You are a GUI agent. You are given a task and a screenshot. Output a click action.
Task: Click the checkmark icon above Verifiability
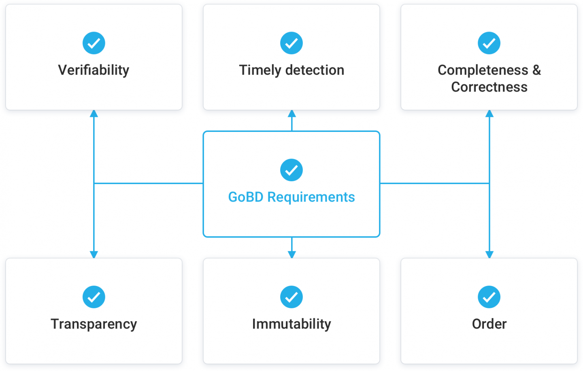(94, 43)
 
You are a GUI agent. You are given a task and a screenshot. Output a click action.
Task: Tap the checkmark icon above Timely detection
(291, 43)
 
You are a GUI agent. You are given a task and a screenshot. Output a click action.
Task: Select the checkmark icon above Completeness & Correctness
(489, 43)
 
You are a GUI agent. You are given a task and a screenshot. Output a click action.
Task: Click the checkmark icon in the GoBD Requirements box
(291, 170)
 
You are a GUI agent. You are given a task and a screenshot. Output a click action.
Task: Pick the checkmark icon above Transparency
(94, 297)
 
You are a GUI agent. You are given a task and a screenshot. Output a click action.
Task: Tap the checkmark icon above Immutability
(291, 297)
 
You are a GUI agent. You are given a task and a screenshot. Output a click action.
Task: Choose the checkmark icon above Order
(489, 297)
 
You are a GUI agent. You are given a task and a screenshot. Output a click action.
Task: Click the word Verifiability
(94, 70)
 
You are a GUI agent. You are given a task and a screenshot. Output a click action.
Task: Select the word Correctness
(489, 87)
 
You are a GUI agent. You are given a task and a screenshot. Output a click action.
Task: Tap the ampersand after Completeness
(537, 70)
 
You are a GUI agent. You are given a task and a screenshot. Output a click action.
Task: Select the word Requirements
(311, 197)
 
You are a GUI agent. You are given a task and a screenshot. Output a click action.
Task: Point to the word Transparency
(94, 324)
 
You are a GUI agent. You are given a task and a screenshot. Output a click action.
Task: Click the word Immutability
(291, 324)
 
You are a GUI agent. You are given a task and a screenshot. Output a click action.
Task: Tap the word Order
(489, 324)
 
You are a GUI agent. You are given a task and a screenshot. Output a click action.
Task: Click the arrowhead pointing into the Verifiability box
(94, 113)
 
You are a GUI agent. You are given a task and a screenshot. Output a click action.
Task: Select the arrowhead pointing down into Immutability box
(291, 254)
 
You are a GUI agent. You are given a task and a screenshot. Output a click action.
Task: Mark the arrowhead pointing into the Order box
(489, 254)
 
